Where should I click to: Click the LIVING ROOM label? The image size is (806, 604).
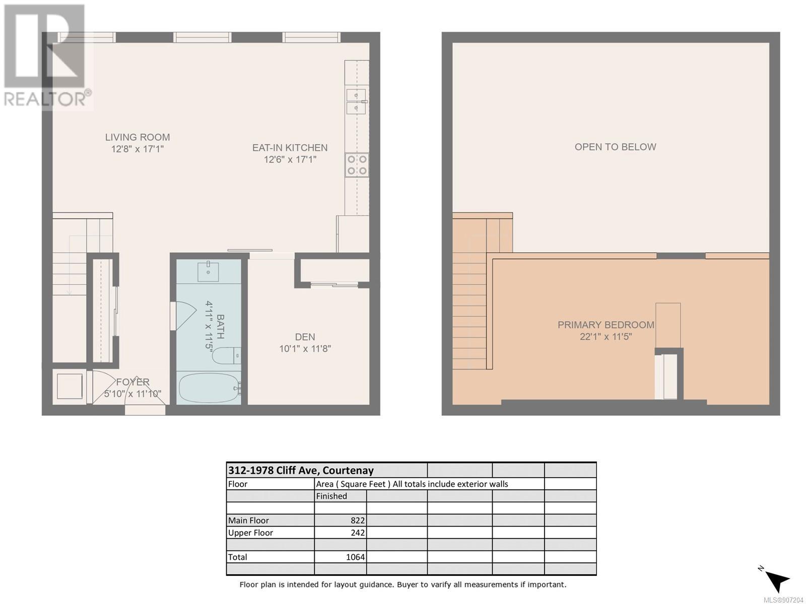pyautogui.click(x=138, y=137)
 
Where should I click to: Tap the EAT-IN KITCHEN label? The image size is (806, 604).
pyautogui.click(x=290, y=147)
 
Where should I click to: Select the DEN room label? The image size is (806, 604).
pyautogui.click(x=305, y=337)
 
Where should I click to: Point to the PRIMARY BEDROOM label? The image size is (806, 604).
pyautogui.click(x=606, y=325)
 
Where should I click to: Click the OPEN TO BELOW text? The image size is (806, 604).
pyautogui.click(x=616, y=146)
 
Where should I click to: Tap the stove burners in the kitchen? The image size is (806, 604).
pyautogui.click(x=357, y=165)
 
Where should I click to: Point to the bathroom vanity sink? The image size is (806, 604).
pyautogui.click(x=209, y=271)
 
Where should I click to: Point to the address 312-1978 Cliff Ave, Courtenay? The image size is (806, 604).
pyautogui.click(x=301, y=470)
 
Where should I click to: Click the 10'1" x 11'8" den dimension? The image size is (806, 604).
pyautogui.click(x=305, y=348)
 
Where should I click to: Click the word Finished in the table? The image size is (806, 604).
pyautogui.click(x=331, y=496)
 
